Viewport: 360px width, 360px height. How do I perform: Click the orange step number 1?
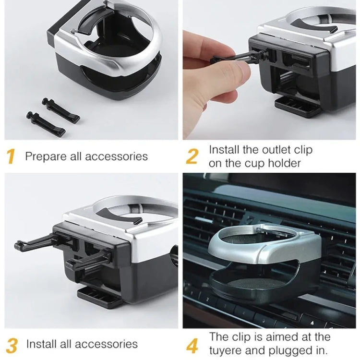[11, 156]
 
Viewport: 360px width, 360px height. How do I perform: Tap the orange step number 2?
[192, 156]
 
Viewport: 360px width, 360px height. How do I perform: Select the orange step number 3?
[12, 345]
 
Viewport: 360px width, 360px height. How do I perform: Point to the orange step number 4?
[192, 345]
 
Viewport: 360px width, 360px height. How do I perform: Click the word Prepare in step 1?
[44, 156]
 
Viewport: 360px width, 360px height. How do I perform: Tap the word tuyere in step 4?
[228, 350]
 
